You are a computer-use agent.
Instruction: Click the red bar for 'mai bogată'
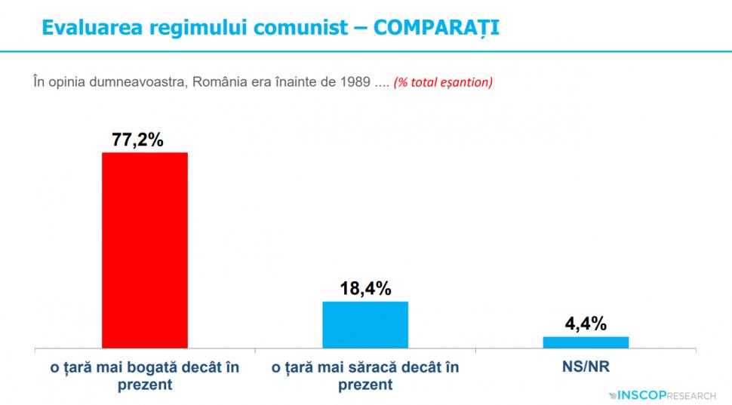pyautogui.click(x=145, y=250)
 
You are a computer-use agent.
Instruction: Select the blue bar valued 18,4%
pyautogui.click(x=365, y=324)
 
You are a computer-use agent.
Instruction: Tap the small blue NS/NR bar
pyautogui.click(x=586, y=342)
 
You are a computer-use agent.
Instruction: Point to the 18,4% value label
pyautogui.click(x=365, y=289)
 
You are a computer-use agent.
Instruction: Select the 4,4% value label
pyautogui.click(x=586, y=324)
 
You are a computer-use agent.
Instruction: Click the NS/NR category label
pyautogui.click(x=586, y=367)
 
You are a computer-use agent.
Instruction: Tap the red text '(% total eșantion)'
pyautogui.click(x=443, y=81)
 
